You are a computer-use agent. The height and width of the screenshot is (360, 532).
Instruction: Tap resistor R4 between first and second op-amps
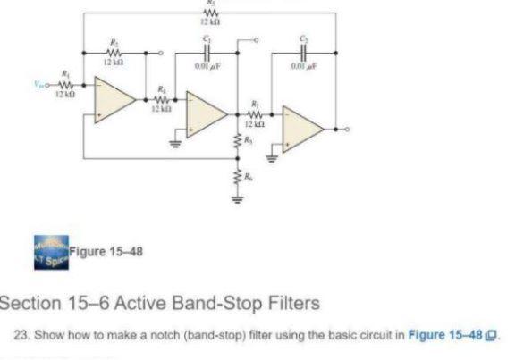point(164,99)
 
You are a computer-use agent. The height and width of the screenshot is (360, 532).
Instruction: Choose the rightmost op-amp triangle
point(302,127)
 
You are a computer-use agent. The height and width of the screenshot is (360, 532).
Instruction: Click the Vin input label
point(36,87)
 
